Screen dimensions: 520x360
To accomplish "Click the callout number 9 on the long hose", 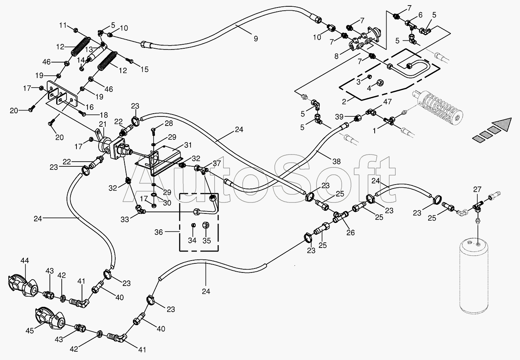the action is [255, 38].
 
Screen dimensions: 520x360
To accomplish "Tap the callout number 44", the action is [25, 261].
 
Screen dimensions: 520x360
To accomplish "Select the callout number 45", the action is [30, 331].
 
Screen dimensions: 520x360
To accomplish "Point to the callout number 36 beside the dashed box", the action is [159, 232].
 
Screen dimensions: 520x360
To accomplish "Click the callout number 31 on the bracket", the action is [188, 145].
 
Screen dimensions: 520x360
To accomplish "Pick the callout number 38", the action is [337, 161].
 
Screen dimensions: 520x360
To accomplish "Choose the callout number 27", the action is [477, 190].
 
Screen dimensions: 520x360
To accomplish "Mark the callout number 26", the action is [350, 232].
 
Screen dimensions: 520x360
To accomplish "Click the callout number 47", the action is [387, 101].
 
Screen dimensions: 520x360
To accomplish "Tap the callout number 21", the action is [102, 124].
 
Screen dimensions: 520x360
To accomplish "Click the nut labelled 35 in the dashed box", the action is [206, 225].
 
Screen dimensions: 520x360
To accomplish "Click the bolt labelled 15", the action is [130, 61].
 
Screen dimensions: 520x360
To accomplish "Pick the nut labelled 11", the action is [76, 30].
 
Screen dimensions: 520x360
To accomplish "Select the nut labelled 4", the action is [380, 82].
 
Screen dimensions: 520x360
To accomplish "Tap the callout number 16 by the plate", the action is [90, 107].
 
